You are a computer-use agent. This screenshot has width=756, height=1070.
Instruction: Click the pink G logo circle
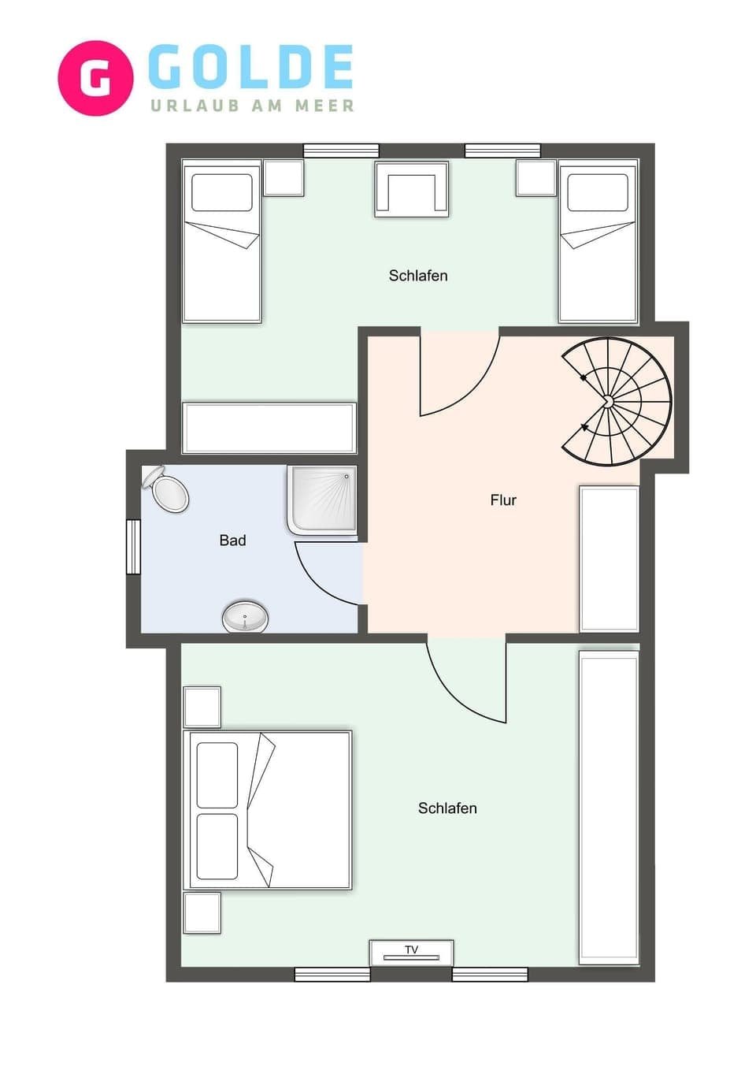click(95, 78)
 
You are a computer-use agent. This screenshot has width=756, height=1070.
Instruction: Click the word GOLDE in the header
click(250, 68)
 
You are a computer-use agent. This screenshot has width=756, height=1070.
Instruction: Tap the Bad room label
click(232, 541)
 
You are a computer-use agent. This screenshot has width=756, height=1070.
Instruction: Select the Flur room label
click(503, 500)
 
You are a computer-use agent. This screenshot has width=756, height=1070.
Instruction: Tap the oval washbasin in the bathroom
click(245, 617)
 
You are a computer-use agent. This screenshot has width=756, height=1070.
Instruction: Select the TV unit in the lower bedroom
click(411, 953)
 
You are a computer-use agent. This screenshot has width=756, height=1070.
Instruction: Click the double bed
click(267, 810)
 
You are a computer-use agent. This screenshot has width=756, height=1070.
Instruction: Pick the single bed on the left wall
click(221, 241)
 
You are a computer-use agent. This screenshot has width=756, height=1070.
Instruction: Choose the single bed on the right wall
click(598, 241)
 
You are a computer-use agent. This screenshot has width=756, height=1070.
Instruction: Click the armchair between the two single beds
click(412, 189)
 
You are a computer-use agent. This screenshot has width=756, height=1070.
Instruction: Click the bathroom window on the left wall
click(133, 547)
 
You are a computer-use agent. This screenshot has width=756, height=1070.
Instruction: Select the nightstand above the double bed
click(202, 707)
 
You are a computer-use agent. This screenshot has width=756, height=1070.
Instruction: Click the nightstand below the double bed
click(202, 913)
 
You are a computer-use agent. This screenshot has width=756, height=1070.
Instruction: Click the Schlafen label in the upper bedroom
click(418, 276)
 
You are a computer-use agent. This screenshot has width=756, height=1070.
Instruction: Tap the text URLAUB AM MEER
click(252, 106)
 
